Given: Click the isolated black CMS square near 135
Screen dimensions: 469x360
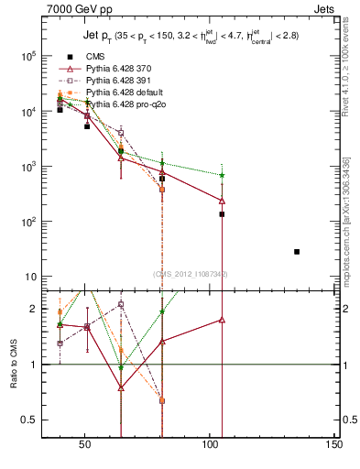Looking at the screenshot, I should tap(297, 251).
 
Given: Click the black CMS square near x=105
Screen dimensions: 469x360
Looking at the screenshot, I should tap(222, 214).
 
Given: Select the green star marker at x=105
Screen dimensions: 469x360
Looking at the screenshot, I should tap(222, 175).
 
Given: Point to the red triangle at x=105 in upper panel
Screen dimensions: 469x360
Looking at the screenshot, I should tap(222, 201).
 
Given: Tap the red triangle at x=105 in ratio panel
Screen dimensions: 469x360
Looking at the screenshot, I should tap(222, 320).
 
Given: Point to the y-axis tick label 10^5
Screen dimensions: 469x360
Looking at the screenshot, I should tap(27, 56).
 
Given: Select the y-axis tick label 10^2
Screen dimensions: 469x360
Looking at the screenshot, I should tap(27, 222).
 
